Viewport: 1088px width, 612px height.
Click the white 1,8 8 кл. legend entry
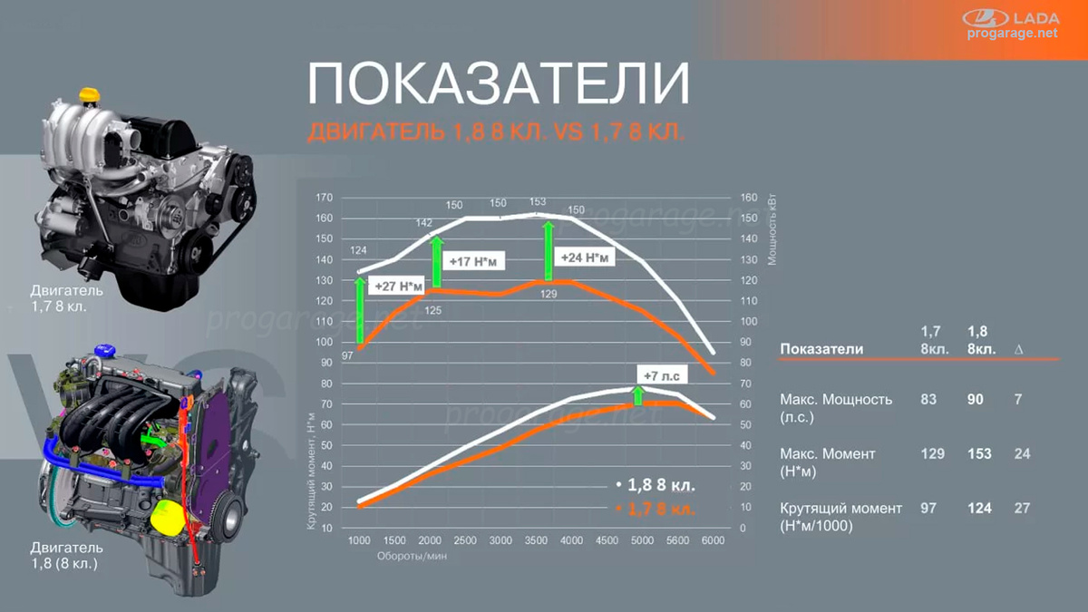click(656, 485)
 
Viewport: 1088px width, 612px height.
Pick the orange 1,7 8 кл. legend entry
click(656, 509)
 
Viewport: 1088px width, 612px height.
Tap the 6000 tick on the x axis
click(713, 540)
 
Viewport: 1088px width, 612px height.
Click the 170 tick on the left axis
click(324, 198)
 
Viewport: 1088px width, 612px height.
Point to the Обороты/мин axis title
click(413, 557)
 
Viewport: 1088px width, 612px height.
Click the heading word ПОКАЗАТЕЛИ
click(498, 83)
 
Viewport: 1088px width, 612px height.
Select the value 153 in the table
click(979, 453)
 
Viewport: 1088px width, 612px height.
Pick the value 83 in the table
click(928, 399)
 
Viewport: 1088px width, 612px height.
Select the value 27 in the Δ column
click(1022, 508)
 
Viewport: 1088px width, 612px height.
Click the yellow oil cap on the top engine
click(88, 94)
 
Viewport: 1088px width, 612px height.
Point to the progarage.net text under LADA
click(1014, 34)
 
